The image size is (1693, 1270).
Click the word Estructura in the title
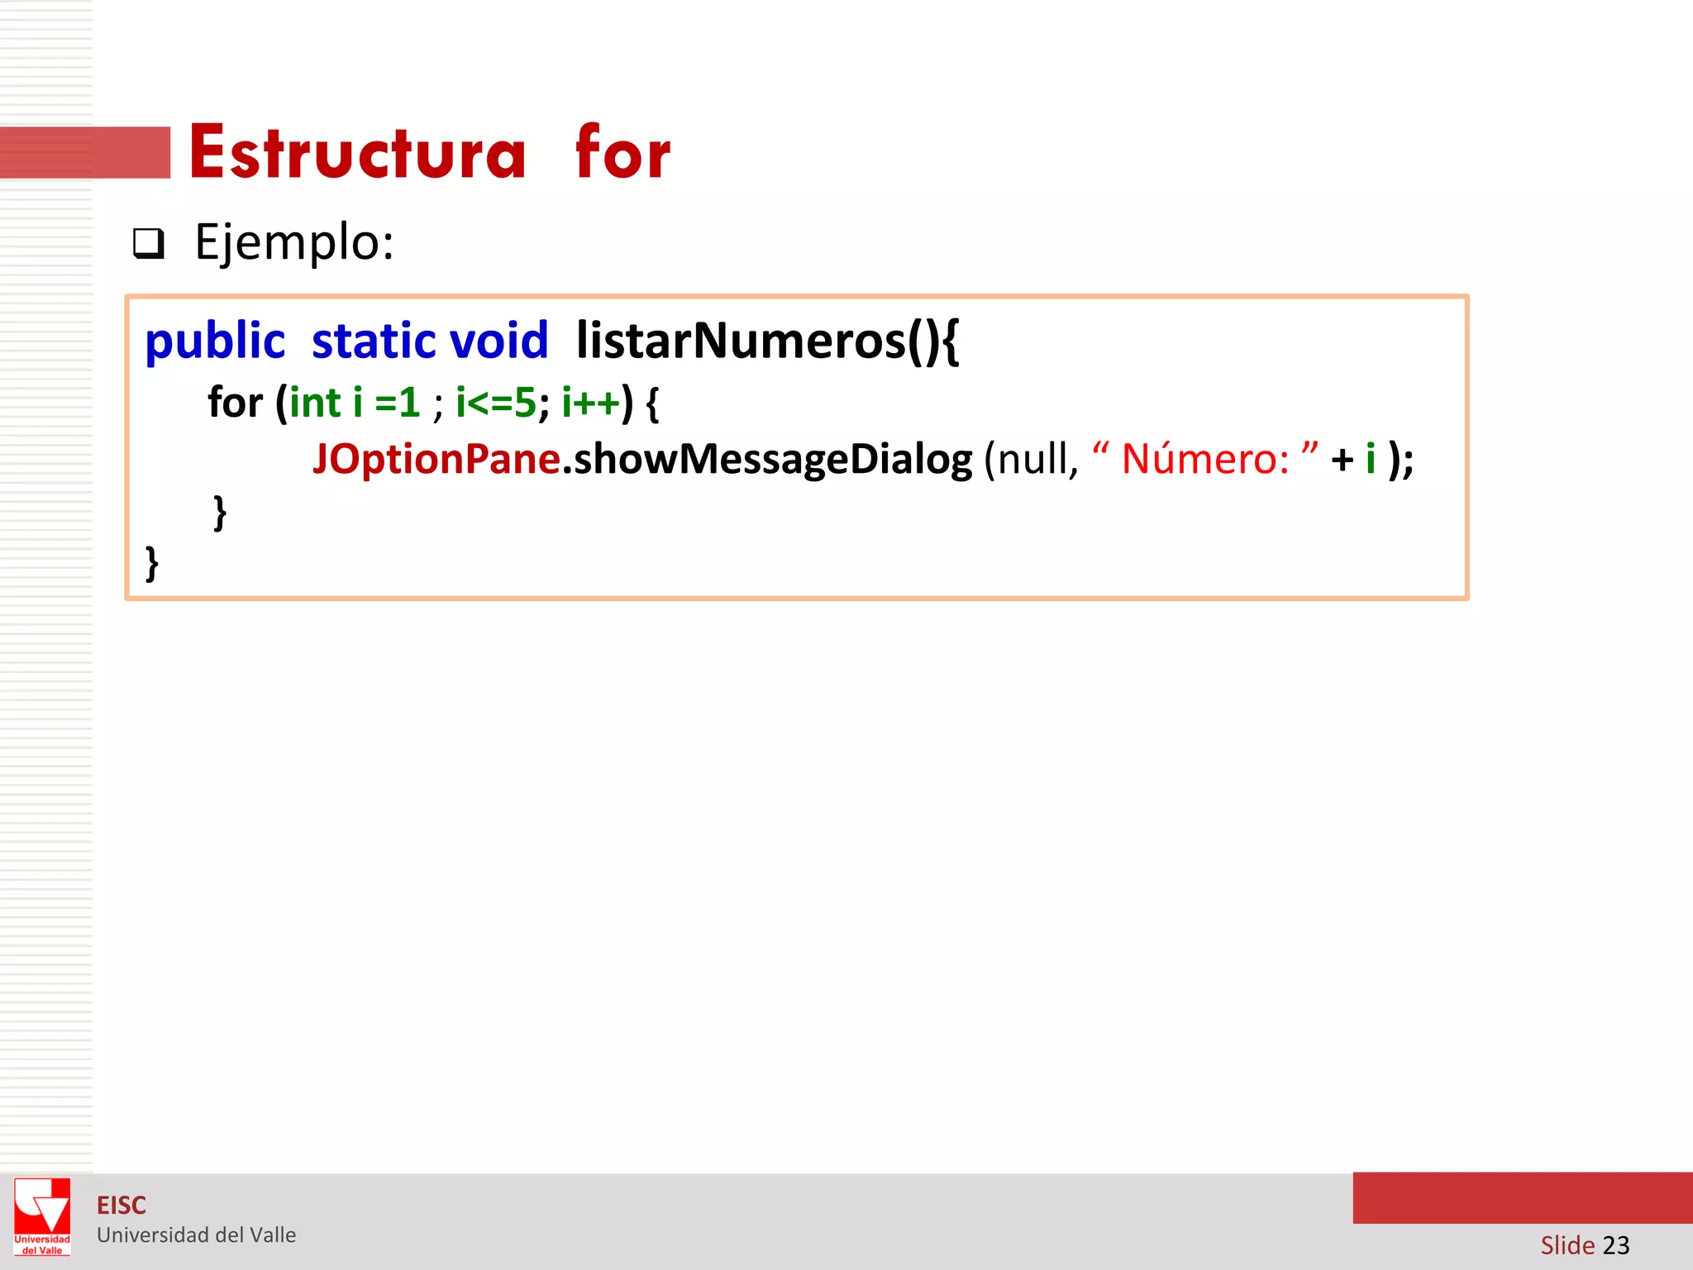[x=357, y=154]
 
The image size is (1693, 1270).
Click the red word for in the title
[x=622, y=154]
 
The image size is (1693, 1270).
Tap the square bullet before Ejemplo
[x=149, y=244]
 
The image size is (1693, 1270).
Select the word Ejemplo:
[x=294, y=243]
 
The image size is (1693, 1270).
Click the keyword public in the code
[x=215, y=341]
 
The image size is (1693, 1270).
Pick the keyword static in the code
[x=373, y=341]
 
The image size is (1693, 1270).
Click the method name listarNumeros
[x=741, y=341]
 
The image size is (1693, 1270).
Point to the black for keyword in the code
[x=235, y=403]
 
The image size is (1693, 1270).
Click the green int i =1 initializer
[x=355, y=403]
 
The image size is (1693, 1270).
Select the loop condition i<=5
[x=496, y=403]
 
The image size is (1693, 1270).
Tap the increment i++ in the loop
[x=590, y=403]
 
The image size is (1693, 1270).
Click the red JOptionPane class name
[x=436, y=459]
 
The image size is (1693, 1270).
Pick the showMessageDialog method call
[x=773, y=459]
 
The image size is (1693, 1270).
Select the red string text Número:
[x=1204, y=459]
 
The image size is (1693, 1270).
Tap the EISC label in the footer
[x=122, y=1206]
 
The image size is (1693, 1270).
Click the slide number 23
[x=1615, y=1244]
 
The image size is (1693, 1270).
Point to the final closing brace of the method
[x=152, y=563]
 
